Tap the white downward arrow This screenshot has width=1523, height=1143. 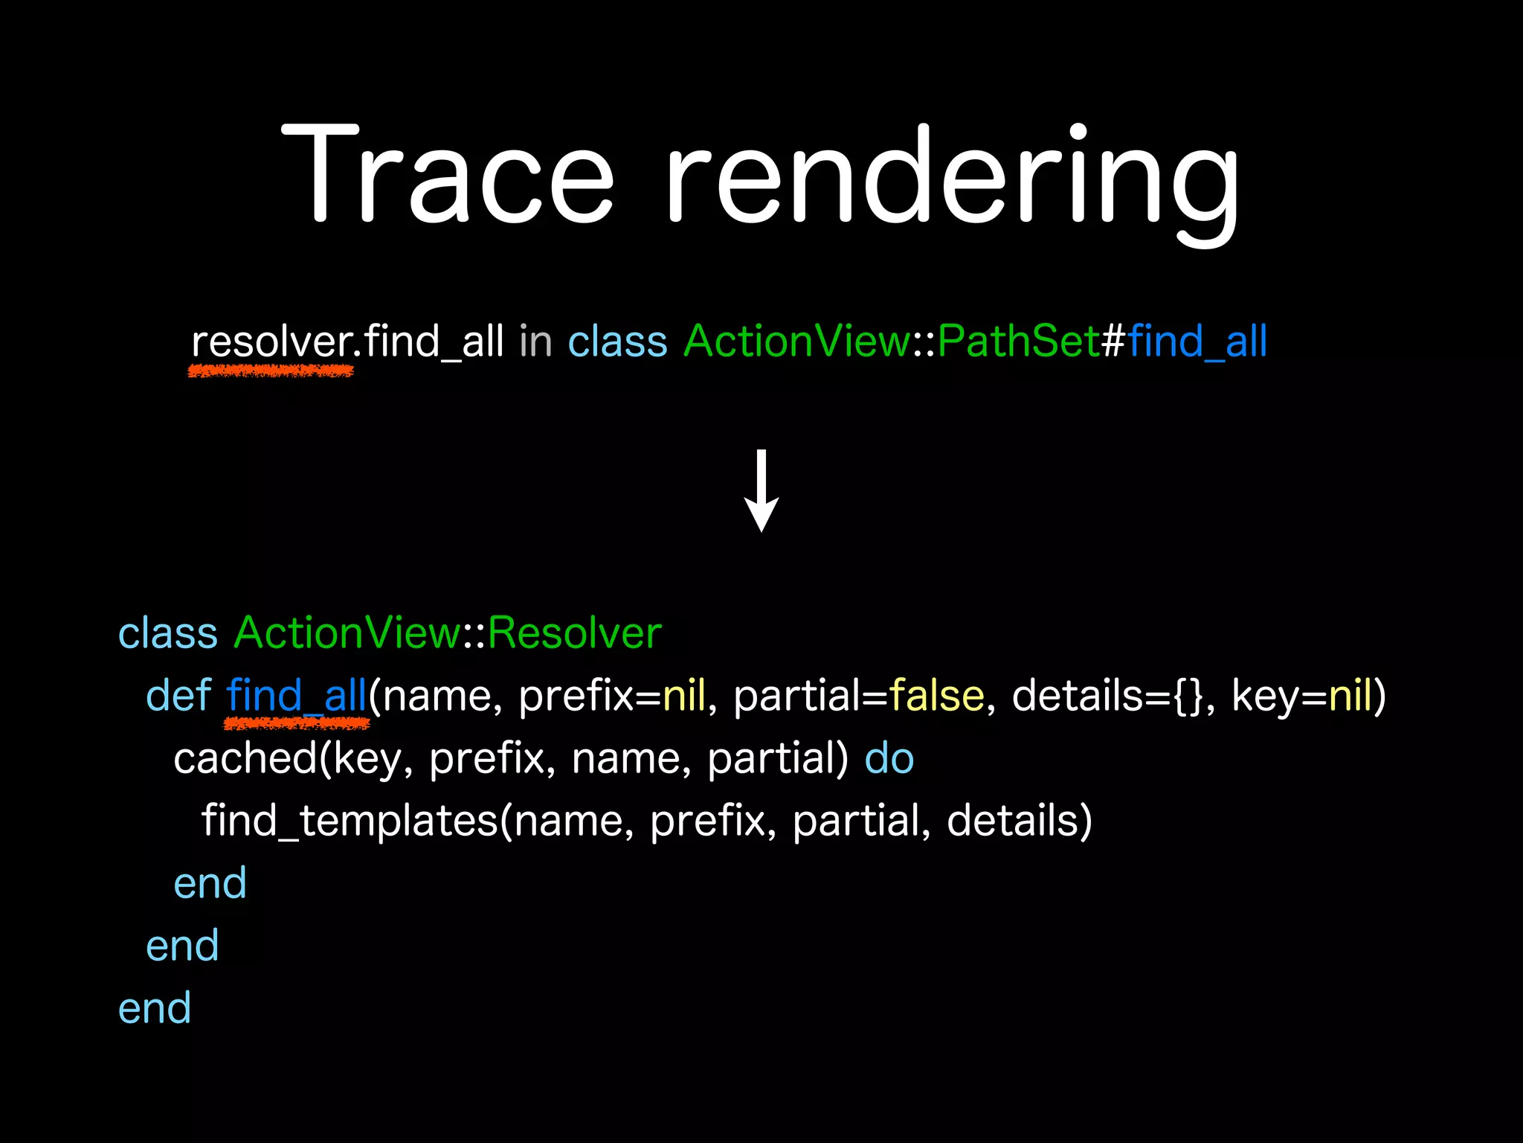(761, 492)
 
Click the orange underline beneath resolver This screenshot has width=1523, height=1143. (271, 370)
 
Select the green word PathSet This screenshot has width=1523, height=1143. (1018, 342)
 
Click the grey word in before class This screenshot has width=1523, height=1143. (535, 342)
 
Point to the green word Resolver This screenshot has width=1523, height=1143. (574, 633)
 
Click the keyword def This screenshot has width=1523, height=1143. (178, 696)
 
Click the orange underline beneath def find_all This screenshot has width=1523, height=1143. (297, 723)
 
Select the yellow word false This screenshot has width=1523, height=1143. (936, 696)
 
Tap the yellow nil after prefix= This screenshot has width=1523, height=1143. (683, 696)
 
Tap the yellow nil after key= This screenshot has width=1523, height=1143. (1350, 696)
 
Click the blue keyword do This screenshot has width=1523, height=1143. (889, 758)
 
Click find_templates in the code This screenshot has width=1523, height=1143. (350, 821)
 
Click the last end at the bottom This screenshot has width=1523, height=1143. (155, 1008)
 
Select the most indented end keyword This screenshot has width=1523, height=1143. (210, 883)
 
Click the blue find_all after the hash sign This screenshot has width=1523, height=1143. (1197, 342)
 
